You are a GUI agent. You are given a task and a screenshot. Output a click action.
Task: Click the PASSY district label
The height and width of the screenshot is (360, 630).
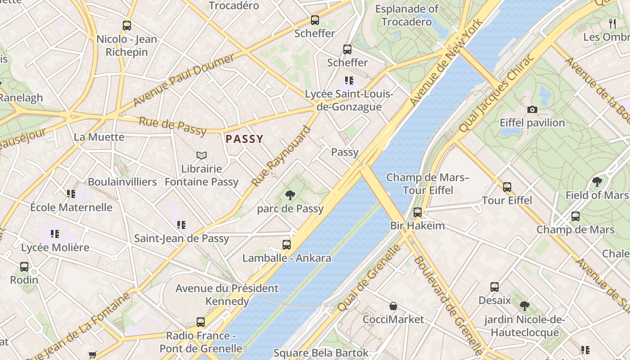point(244,139)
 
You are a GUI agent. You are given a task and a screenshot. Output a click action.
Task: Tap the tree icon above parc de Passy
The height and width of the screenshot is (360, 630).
point(290,195)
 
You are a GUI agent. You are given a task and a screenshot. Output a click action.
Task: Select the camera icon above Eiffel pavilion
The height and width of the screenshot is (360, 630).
point(532,109)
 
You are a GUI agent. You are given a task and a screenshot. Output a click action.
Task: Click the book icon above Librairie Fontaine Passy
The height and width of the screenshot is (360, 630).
point(202,156)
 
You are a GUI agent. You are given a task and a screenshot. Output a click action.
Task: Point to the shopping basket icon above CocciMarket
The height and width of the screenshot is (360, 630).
point(393,306)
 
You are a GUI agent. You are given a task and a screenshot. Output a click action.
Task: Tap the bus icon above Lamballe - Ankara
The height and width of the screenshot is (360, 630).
point(287,245)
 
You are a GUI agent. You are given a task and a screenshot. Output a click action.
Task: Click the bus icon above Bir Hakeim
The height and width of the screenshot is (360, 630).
point(418,212)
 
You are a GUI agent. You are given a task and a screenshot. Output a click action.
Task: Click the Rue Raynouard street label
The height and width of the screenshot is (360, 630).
point(282,156)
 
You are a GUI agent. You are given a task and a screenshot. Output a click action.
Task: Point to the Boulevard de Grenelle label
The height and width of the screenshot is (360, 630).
point(447,306)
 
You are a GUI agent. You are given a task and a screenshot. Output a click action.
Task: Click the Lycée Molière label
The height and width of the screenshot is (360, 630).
point(55,247)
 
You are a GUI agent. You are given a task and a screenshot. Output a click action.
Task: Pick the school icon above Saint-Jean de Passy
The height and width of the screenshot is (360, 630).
point(181,225)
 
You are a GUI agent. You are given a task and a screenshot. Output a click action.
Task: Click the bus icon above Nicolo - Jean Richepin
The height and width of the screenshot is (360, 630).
point(127,26)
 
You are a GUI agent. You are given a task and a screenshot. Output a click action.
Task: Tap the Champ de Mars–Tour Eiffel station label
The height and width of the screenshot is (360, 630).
point(427,184)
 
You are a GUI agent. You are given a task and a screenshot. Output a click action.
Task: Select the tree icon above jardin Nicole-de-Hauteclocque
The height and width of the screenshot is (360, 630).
point(524,306)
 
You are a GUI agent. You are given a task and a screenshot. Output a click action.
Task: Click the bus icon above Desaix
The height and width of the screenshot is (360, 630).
point(495,287)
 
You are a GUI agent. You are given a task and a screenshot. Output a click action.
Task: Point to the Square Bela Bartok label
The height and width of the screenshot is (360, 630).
point(321,353)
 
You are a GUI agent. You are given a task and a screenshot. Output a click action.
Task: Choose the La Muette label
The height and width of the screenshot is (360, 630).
point(99,137)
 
